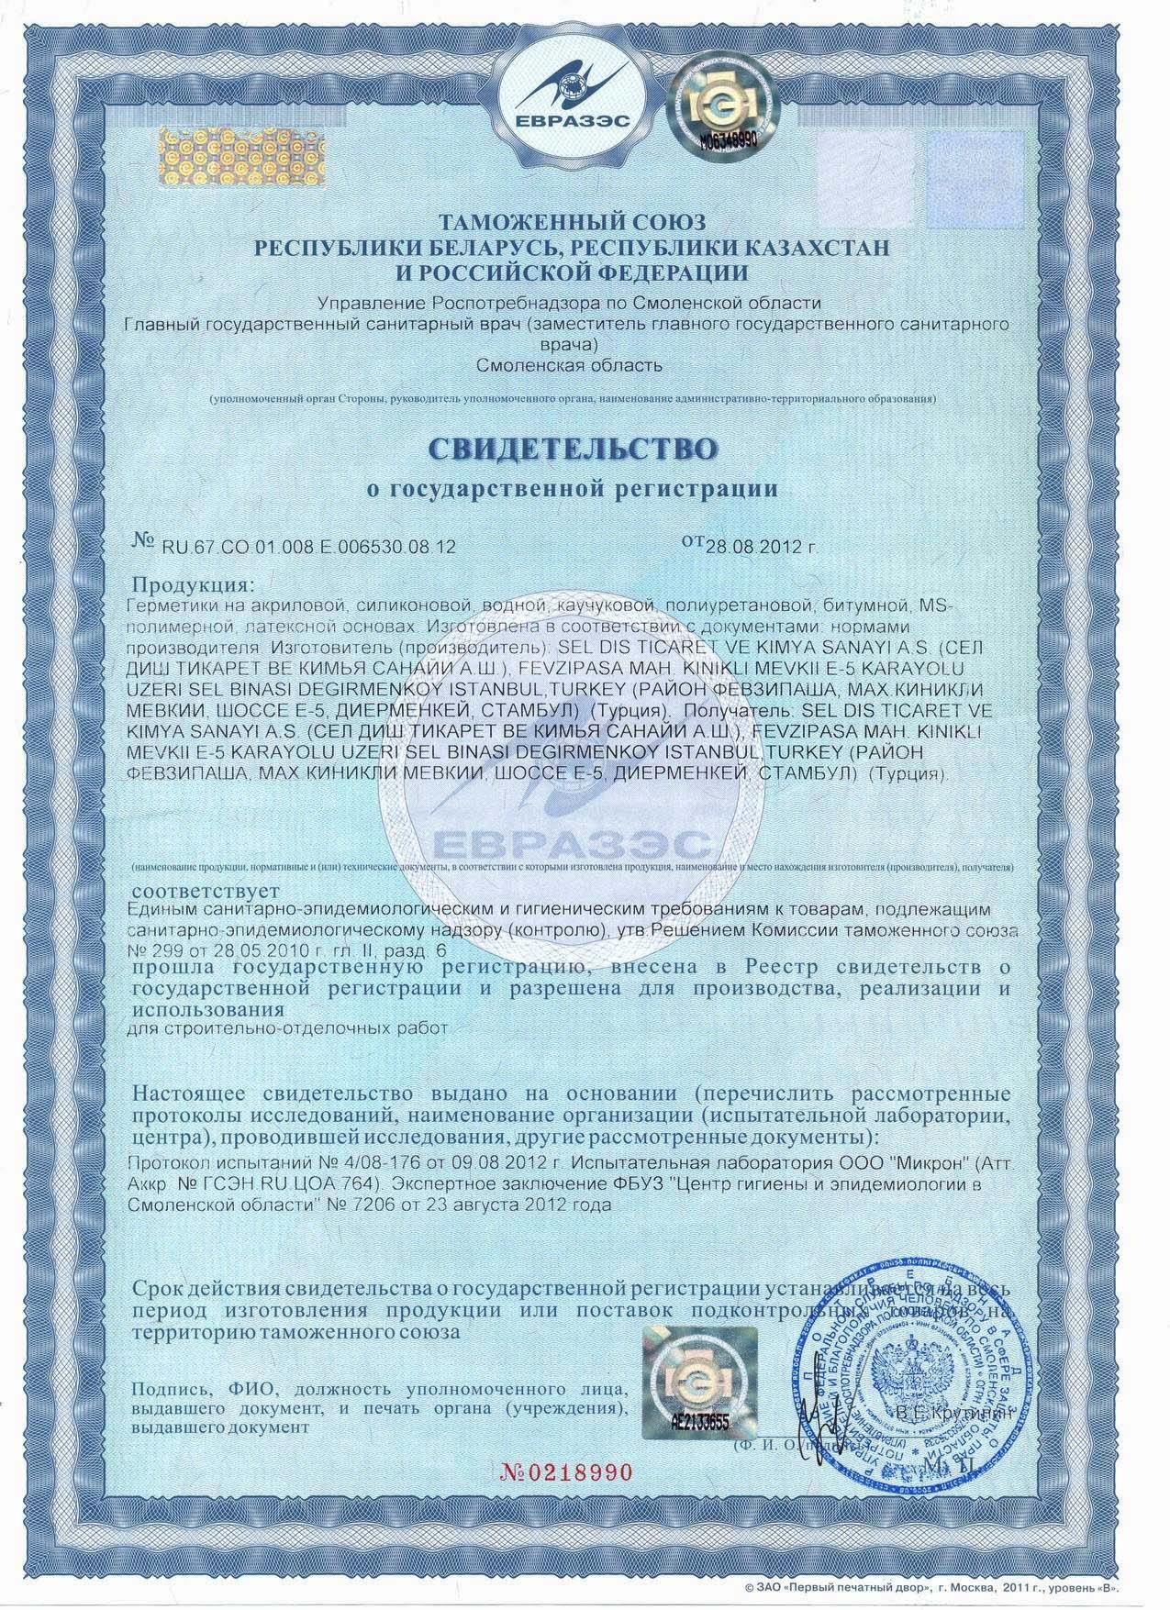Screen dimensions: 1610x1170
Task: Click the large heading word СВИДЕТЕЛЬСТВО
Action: (x=572, y=450)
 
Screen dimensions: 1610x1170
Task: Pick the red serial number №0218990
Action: (x=566, y=1472)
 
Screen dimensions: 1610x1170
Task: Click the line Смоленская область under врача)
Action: (x=570, y=366)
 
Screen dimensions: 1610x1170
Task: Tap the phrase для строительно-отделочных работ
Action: (x=290, y=1028)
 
